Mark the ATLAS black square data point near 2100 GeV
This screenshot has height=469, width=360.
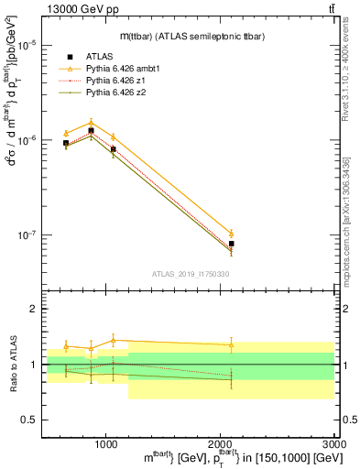231,244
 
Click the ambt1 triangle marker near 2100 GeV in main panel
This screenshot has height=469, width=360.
231,233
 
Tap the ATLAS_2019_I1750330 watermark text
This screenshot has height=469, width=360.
190,273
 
